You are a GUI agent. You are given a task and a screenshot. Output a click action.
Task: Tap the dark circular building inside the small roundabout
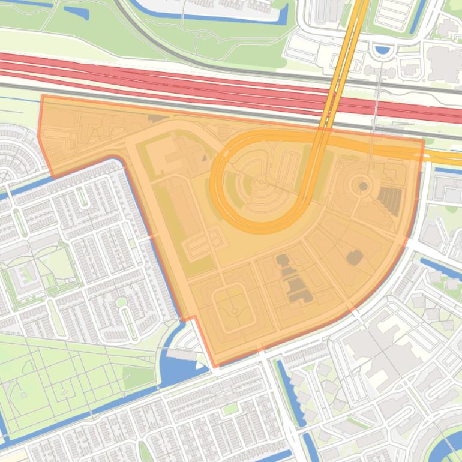(x=363, y=187)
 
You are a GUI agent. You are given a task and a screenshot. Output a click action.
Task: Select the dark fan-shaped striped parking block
(x=389, y=200)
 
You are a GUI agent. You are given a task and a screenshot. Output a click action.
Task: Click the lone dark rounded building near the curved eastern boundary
(x=355, y=257)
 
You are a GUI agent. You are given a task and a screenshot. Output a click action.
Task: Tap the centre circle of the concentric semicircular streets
(x=262, y=180)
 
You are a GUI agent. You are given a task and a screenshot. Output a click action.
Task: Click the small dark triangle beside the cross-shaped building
(x=203, y=158)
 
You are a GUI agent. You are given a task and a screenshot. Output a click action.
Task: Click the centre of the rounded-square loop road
(x=232, y=308)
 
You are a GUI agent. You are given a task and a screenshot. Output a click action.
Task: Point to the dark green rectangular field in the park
(x=139, y=378)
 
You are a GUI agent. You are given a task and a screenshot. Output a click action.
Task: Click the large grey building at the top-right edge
(x=445, y=62)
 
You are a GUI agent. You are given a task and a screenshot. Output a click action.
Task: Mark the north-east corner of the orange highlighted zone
(x=424, y=142)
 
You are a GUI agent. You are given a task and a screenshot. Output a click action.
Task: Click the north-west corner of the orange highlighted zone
(x=41, y=96)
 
